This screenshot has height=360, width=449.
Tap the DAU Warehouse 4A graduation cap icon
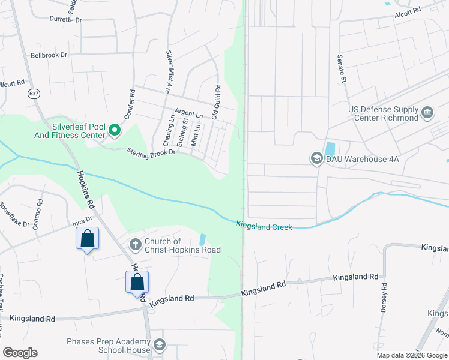pyautogui.click(x=316, y=158)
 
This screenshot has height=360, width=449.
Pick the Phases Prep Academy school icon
pyautogui.click(x=160, y=345)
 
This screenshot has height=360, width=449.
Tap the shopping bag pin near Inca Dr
pyautogui.click(x=87, y=238)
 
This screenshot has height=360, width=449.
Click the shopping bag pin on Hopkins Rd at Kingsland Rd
pyautogui.click(x=137, y=281)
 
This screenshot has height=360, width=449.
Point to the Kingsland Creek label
pyautogui.click(x=264, y=226)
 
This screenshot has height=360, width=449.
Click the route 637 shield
pyautogui.click(x=34, y=94)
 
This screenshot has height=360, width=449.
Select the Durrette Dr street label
pyautogui.click(x=65, y=20)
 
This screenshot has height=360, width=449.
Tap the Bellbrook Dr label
pyautogui.click(x=49, y=55)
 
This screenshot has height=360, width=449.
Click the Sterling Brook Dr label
pyautogui.click(x=151, y=152)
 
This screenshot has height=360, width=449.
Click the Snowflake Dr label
pyautogui.click(x=15, y=214)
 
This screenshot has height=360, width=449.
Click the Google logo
pyautogui.click(x=20, y=353)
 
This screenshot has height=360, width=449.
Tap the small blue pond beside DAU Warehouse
pyautogui.click(x=330, y=148)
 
